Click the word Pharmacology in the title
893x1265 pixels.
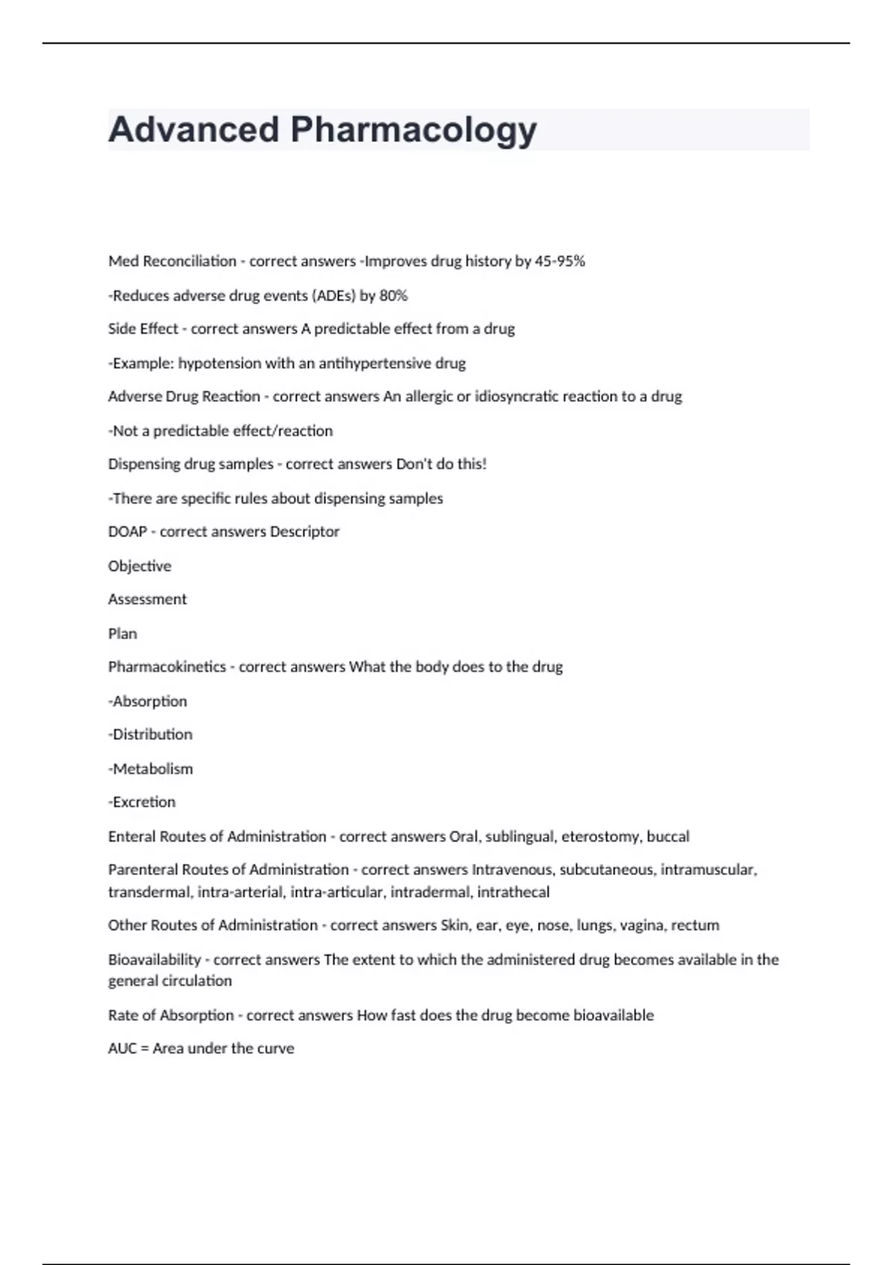pos(413,130)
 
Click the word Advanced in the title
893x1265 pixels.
pos(193,130)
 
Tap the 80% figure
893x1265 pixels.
pos(394,295)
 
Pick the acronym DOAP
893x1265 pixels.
pos(127,531)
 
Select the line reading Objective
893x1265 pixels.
pos(139,566)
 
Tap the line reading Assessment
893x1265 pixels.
pos(147,599)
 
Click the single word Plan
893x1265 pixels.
pos(122,633)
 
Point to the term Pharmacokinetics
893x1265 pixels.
pos(167,667)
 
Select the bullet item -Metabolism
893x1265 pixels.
pos(150,769)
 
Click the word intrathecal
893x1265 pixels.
pos(513,891)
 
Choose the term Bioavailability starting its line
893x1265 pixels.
pos(154,960)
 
